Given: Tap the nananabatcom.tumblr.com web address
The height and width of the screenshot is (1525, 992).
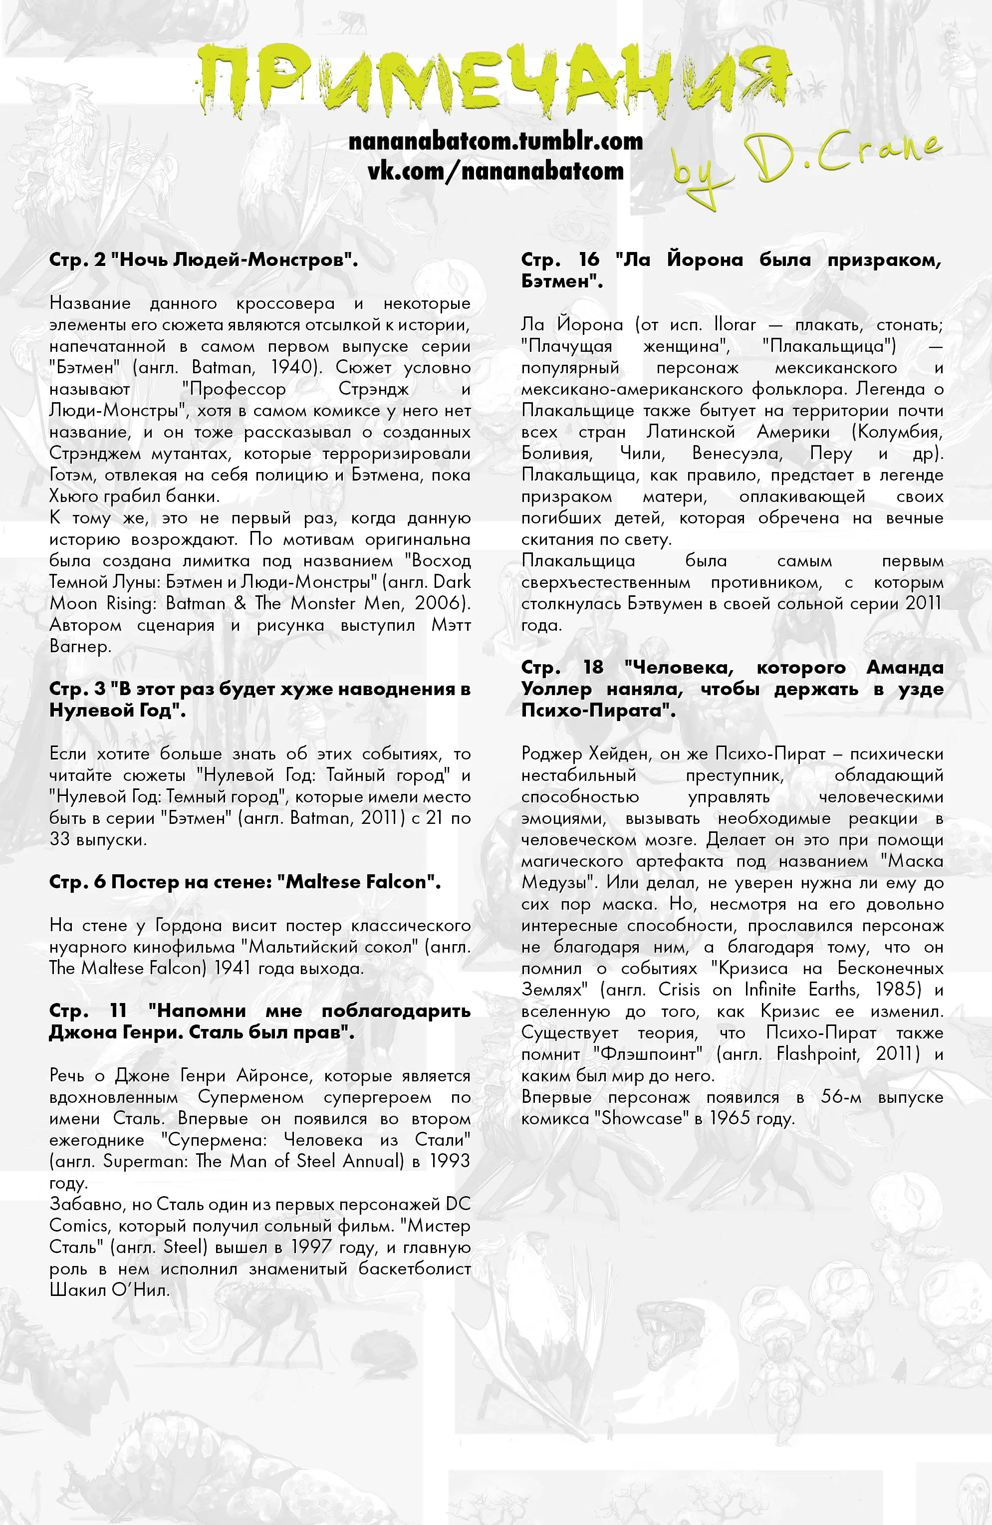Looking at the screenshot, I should (x=496, y=141).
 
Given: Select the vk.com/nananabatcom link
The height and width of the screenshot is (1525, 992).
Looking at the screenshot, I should (x=496, y=171).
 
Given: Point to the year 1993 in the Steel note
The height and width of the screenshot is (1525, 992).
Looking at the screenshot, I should (x=449, y=1161).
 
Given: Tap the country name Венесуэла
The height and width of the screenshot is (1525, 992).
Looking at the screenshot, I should (x=737, y=454).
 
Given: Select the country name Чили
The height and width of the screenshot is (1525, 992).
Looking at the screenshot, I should (x=642, y=454).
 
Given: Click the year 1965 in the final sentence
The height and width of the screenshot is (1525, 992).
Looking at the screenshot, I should (x=729, y=1119).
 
